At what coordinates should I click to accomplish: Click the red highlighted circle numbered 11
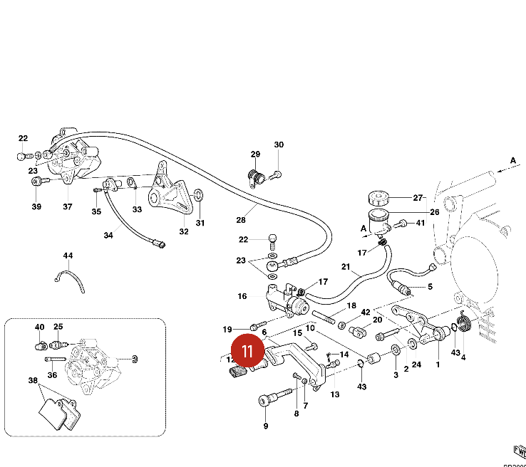tap(247, 350)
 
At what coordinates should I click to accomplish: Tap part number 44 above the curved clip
tap(68, 256)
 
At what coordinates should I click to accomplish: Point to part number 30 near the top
tap(279, 145)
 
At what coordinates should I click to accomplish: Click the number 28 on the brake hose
tap(241, 220)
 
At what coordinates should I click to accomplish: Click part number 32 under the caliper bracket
tap(183, 231)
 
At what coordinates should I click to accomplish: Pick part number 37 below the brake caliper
tap(68, 207)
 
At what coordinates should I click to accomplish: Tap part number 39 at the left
tap(36, 207)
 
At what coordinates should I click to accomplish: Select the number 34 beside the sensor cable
tap(108, 235)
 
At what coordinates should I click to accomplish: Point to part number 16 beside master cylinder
tap(242, 296)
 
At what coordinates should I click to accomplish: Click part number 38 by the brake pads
tap(33, 381)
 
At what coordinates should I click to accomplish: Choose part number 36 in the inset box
tap(52, 375)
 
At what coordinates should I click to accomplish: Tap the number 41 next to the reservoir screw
tap(421, 224)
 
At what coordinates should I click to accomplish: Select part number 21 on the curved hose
tap(346, 268)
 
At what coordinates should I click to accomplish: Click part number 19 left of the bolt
tap(227, 329)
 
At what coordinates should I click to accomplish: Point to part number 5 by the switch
tap(430, 288)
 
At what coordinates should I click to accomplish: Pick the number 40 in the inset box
tap(40, 327)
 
